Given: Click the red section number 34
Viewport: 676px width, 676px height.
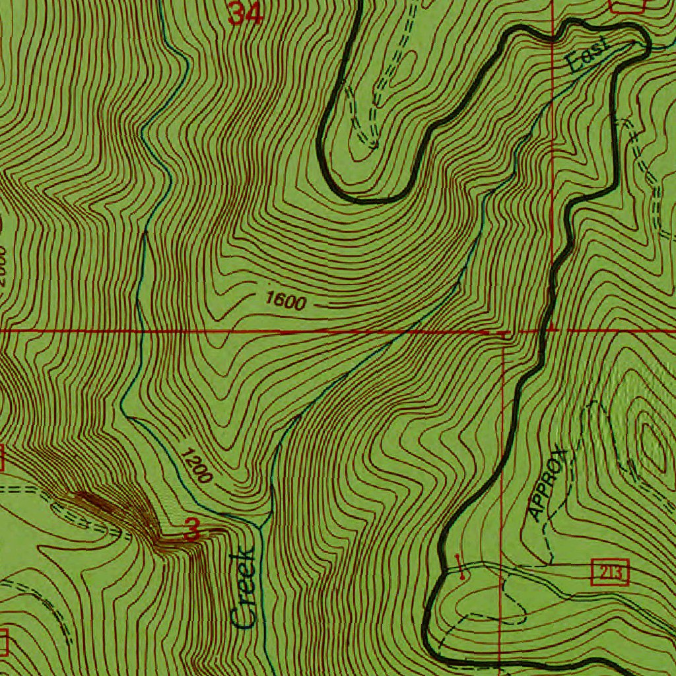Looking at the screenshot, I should (246, 13).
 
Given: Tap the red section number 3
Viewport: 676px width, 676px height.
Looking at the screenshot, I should (192, 529).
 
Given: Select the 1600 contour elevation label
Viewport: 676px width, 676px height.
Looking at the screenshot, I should (286, 302).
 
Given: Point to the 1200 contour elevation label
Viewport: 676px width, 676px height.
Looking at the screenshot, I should (195, 465).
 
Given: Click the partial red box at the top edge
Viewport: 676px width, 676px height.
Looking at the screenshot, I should (627, 5).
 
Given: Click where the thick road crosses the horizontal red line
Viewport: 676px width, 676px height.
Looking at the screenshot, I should (547, 329).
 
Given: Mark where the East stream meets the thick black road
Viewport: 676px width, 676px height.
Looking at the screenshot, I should (638, 42).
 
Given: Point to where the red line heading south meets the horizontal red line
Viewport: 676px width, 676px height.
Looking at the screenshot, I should (503, 333).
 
